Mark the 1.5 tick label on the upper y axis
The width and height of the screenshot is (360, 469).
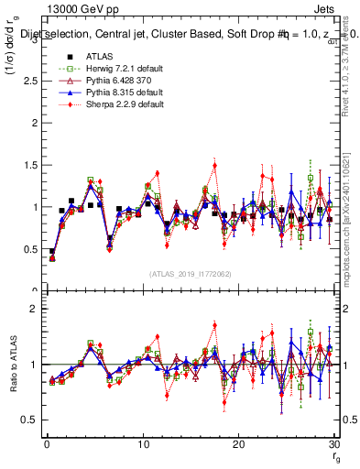[x=28, y=165]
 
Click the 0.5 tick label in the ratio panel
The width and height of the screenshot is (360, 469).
[x=28, y=420]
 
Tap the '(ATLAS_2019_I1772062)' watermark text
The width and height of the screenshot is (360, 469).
[x=191, y=273]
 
